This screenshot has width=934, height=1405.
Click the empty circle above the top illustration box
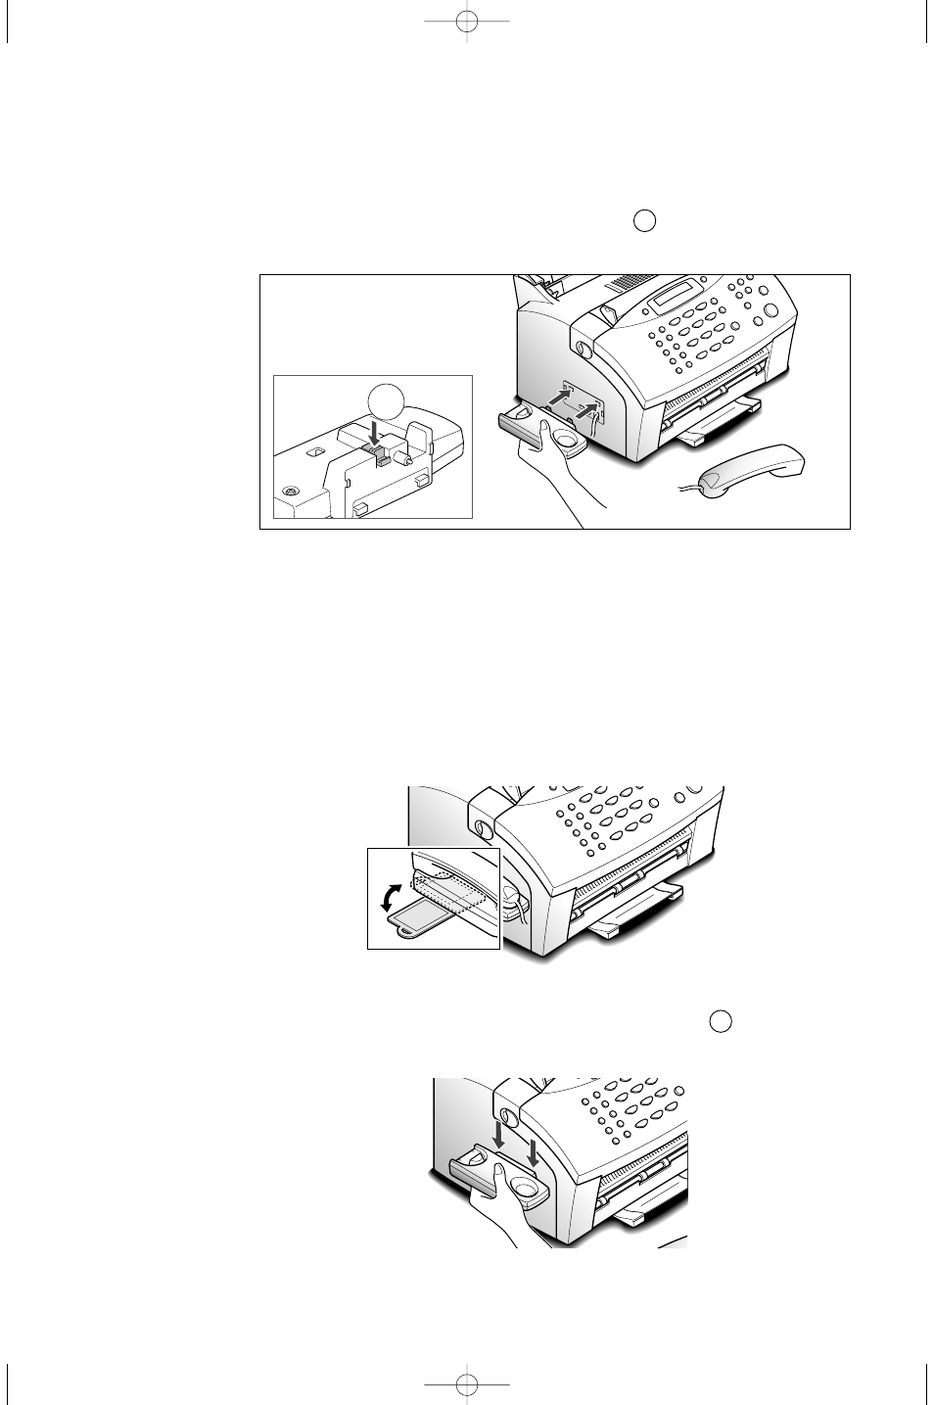tap(643, 220)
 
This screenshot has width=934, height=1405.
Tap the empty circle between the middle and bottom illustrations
tap(721, 1020)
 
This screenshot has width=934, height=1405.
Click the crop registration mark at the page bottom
tap(467, 1383)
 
